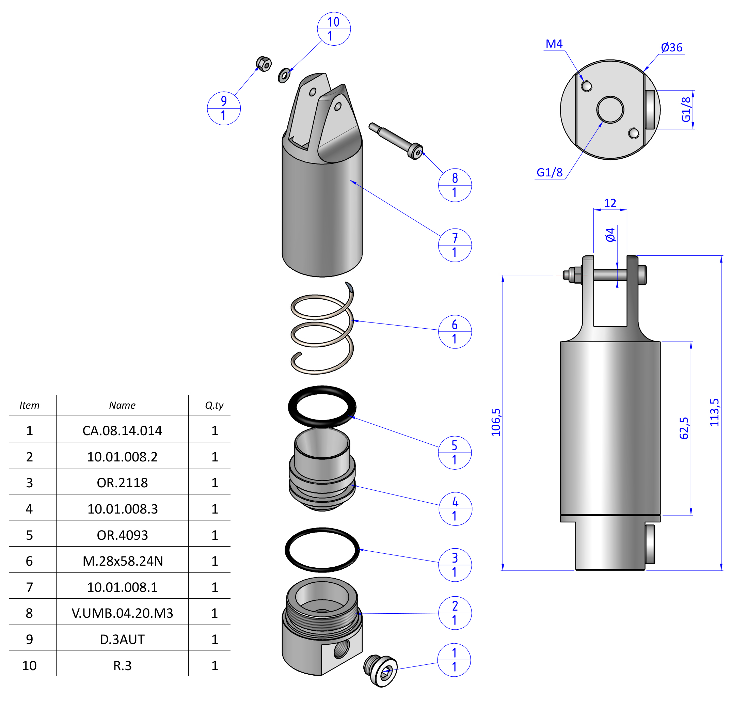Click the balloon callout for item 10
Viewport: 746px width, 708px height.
click(x=334, y=29)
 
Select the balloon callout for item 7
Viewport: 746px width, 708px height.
click(x=455, y=245)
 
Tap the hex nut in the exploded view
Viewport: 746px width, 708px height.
click(x=264, y=64)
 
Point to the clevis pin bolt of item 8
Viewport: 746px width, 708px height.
click(x=396, y=140)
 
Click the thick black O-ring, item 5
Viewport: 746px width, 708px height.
click(x=322, y=407)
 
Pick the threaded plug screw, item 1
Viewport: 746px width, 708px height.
click(x=381, y=671)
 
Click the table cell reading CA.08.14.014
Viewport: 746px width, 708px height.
click(x=122, y=430)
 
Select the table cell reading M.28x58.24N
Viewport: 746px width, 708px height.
click(x=122, y=561)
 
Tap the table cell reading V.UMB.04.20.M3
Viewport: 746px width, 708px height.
click(x=122, y=613)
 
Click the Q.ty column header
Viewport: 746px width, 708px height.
click(x=214, y=405)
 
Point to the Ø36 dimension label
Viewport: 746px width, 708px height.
click(x=671, y=48)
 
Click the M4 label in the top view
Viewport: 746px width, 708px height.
click(x=554, y=44)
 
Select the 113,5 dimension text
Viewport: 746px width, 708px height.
click(x=714, y=412)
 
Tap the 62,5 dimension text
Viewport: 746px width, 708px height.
click(x=684, y=428)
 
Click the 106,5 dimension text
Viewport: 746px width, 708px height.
click(x=495, y=422)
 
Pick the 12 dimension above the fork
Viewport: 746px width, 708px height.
click(x=610, y=203)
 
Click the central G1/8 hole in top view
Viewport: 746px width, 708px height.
click(x=610, y=110)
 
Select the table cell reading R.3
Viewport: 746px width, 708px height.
click(x=122, y=665)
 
